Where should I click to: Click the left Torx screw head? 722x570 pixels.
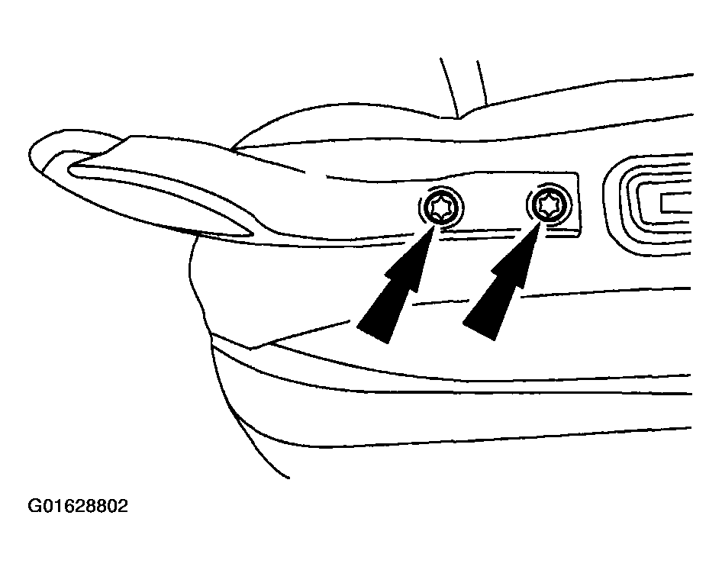click(x=442, y=208)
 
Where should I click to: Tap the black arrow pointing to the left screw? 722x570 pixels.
click(x=396, y=284)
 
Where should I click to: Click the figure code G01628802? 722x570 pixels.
click(x=78, y=506)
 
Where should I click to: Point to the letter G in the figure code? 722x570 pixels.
click(x=34, y=506)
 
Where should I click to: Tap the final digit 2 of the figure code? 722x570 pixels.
click(x=122, y=506)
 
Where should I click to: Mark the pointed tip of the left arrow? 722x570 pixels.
click(x=434, y=226)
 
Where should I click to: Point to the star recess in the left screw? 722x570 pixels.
click(x=442, y=208)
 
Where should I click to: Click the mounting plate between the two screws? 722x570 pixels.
click(x=495, y=205)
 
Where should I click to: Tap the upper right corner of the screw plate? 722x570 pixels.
click(x=578, y=173)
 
